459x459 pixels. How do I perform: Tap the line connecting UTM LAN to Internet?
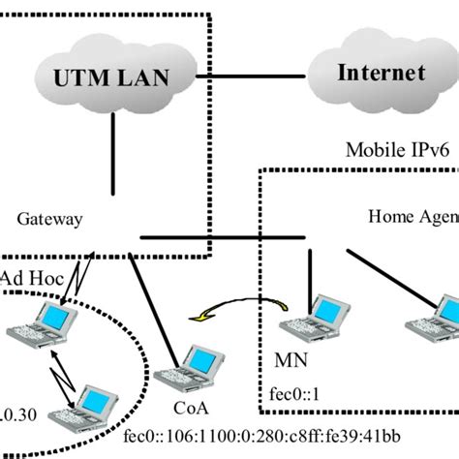[x=252, y=76]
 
